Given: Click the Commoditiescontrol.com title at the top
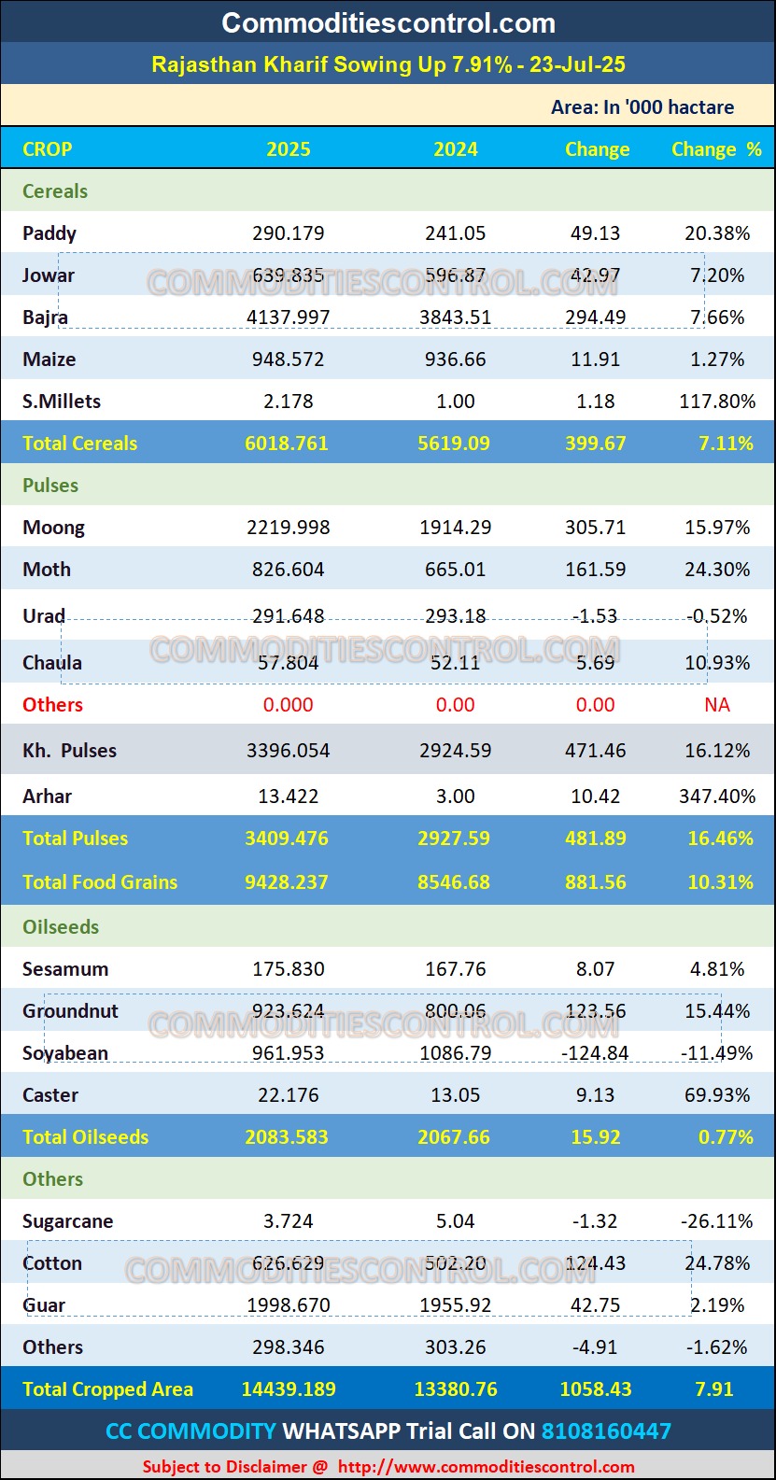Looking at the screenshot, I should tap(388, 22).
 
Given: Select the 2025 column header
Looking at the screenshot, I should tap(289, 149).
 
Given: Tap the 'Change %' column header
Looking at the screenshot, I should tap(716, 149).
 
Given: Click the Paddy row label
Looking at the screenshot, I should tap(49, 233).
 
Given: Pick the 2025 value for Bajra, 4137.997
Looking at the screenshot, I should tap(289, 317).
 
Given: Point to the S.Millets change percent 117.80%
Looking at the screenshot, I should tap(717, 402).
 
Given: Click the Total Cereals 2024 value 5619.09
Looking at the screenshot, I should tap(454, 444).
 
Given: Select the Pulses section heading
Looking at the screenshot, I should tap(50, 486).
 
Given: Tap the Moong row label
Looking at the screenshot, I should tap(53, 528).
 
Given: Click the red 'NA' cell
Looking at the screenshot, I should tap(717, 705).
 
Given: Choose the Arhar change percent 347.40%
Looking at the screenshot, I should tap(717, 796).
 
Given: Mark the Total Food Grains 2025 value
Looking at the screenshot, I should tap(287, 882).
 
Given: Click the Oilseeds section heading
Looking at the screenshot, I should tap(61, 927).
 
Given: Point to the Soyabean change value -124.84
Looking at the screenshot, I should tap(596, 1053).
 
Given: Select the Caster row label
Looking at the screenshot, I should tap(50, 1095).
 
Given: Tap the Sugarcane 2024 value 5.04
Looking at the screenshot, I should tap(456, 1221).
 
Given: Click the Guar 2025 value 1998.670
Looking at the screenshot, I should tap(289, 1305).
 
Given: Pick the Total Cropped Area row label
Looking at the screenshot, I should tap(107, 1389).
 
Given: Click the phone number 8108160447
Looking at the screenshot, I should tap(606, 1431).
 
